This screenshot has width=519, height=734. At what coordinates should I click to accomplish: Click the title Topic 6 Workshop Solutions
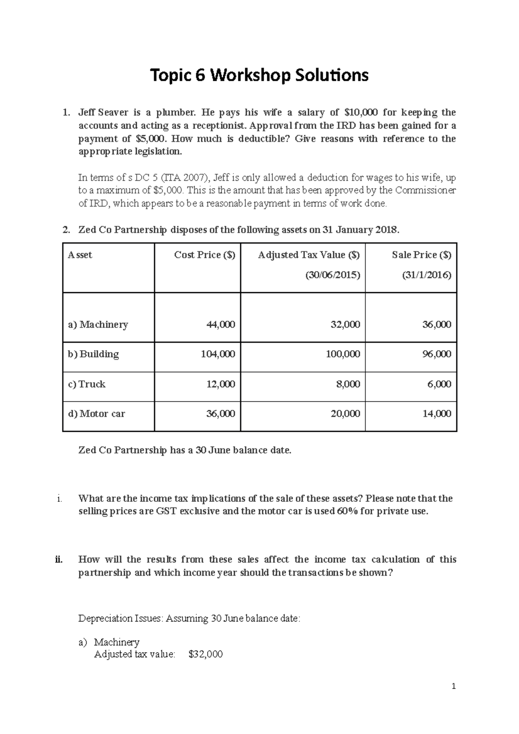click(259, 76)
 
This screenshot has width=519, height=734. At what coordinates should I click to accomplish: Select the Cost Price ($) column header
click(205, 255)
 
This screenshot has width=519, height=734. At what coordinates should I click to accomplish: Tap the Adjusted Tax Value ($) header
click(308, 255)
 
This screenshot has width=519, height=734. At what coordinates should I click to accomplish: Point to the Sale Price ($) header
click(421, 255)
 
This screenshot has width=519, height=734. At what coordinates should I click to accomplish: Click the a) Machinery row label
click(98, 325)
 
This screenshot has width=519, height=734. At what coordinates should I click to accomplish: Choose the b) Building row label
click(93, 354)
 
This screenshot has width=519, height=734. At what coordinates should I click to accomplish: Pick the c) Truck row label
click(87, 384)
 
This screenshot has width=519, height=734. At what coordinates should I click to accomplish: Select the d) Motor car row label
click(96, 414)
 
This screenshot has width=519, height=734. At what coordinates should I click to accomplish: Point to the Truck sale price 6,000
click(439, 384)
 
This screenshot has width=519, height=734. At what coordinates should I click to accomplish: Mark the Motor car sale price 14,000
click(437, 414)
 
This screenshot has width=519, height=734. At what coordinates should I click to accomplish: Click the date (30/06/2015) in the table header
click(333, 275)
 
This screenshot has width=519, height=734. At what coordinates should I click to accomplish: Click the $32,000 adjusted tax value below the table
click(206, 654)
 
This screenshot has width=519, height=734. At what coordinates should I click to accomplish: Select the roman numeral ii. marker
click(59, 559)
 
